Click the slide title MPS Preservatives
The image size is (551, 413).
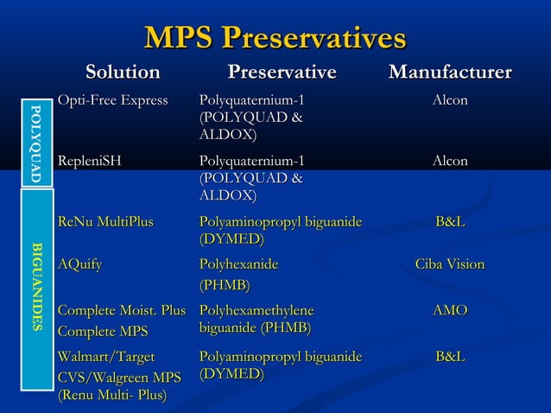pos(275,38)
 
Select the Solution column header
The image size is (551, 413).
pos(122,72)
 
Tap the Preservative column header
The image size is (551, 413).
pos(282,72)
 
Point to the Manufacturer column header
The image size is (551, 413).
pos(450,72)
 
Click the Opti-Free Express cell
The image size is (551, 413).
pos(112,101)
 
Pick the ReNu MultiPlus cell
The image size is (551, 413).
pos(104,223)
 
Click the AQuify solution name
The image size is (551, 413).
pos(79,264)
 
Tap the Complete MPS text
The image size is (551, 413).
pos(102,332)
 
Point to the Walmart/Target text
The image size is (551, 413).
pos(105,357)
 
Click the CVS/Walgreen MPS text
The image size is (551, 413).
pos(118,377)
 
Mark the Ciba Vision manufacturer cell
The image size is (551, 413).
pos(450,264)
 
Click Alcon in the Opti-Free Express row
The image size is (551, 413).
pos(450,101)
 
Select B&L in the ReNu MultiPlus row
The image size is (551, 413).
pos(450,223)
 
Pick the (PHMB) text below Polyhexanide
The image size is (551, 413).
pos(225,285)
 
